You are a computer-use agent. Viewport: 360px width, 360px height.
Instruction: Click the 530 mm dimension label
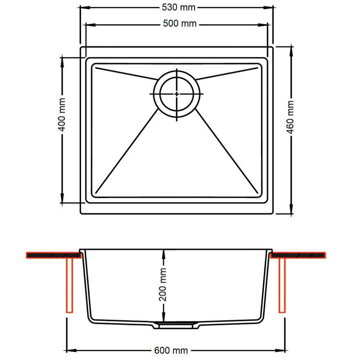[x=178, y=8]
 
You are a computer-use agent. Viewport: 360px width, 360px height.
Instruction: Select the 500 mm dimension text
[x=180, y=24]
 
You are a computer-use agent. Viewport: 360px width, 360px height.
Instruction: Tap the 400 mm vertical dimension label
[x=62, y=115]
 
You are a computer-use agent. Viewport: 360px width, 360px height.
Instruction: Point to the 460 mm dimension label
[x=290, y=117]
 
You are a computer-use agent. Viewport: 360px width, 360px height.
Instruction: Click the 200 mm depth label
[x=163, y=284]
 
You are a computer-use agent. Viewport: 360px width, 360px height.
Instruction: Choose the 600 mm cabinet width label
[x=171, y=351]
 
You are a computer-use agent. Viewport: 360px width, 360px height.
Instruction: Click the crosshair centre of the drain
[x=177, y=94]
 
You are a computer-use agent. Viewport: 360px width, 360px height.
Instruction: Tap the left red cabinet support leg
[x=69, y=286]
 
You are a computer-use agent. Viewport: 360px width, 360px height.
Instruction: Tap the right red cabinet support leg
[x=282, y=286]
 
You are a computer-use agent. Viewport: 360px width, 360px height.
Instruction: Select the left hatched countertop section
[x=54, y=255]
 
